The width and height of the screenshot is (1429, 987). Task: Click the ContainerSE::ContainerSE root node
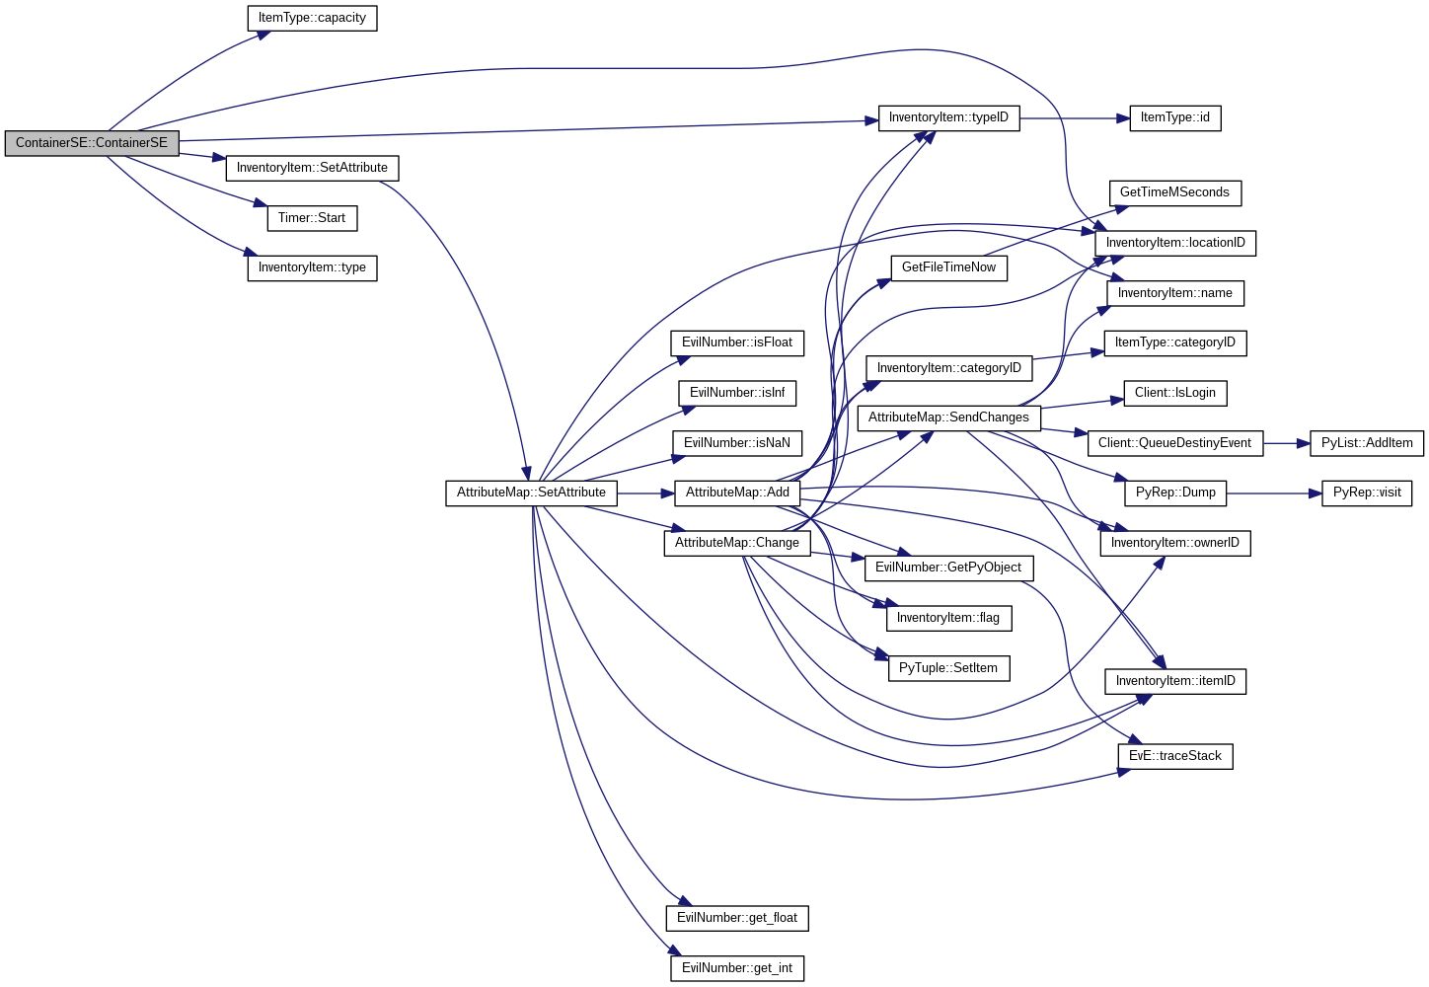pos(92,143)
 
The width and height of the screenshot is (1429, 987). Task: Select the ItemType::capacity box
pos(312,18)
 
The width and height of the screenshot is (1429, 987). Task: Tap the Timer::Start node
pos(312,218)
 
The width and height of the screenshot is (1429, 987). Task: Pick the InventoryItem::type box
pos(312,267)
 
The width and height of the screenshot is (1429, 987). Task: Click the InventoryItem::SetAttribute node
pos(312,168)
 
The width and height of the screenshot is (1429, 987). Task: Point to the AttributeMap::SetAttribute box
pos(531,493)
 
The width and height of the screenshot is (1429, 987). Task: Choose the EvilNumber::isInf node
pos(737,393)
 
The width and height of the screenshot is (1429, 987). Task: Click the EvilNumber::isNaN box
pos(737,443)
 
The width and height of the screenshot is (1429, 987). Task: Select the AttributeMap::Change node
pos(737,543)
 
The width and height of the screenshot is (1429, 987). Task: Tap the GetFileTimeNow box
pos(948,267)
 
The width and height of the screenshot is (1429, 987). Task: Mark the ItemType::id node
pos(1174,117)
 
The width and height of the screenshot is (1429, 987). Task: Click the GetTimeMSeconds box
pos(1174,192)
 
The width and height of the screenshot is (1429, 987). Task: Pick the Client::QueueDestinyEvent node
pos(1174,443)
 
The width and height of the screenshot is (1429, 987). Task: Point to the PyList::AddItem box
pos(1367,443)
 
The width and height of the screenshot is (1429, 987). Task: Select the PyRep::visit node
pos(1367,493)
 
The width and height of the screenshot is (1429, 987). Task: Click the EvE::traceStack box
pos(1174,756)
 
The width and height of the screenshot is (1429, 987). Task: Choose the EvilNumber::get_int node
pos(737,968)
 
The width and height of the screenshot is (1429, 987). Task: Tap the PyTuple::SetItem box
pos(948,668)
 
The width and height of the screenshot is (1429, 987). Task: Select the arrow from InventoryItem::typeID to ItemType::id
pos(1075,118)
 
